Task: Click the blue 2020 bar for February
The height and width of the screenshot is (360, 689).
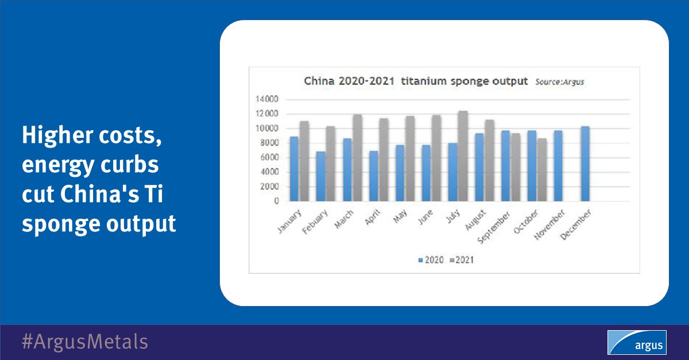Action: coord(321,176)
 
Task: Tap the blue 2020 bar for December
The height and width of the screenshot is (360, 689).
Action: coord(585,164)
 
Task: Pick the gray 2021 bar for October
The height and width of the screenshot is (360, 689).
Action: coord(542,170)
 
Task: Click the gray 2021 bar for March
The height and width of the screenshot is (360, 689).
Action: coord(357,158)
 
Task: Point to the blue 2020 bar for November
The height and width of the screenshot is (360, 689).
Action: coord(558,166)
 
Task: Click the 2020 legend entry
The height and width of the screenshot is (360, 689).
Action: coord(432,260)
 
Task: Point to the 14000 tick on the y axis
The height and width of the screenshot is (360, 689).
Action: coord(268,99)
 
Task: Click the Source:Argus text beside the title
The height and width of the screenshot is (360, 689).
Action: coord(560,82)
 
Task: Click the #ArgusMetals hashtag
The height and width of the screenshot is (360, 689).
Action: coord(84,342)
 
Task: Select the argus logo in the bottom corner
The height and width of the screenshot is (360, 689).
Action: coord(637,342)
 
